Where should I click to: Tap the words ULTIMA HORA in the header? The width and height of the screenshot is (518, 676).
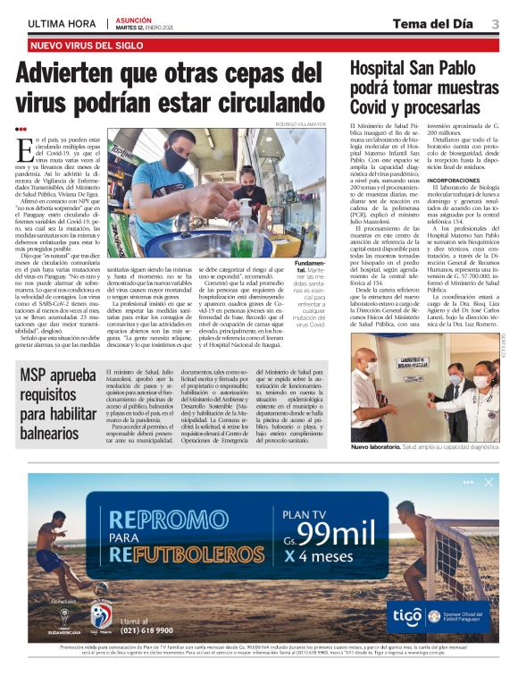click(62, 24)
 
